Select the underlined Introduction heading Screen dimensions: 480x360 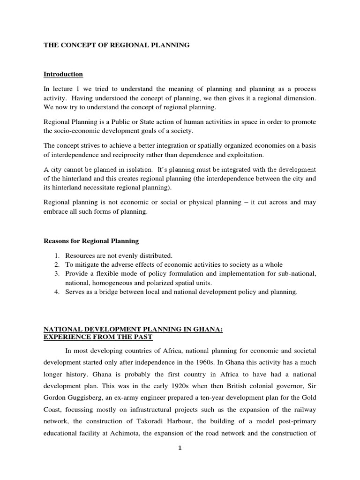(x=63, y=74)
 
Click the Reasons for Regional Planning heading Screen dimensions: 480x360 (x=91, y=241)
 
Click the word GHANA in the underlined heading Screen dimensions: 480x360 (x=208, y=330)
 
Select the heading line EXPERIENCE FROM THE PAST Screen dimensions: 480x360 (x=98, y=337)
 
